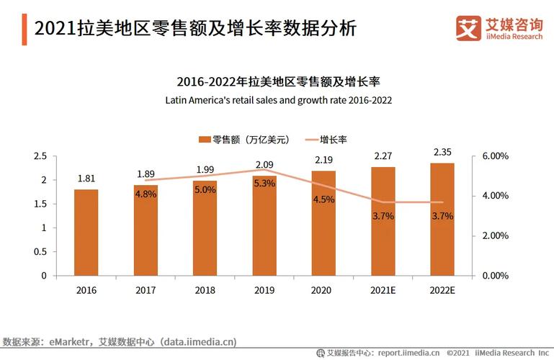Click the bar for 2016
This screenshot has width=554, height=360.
coord(86,232)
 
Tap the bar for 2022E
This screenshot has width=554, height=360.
coord(442,219)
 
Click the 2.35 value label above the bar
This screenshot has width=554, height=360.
coord(442,151)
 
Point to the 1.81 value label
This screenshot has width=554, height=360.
coord(86,179)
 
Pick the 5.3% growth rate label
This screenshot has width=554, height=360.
coord(264,184)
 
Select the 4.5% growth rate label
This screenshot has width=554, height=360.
coord(323,199)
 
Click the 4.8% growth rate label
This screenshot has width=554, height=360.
coord(146,194)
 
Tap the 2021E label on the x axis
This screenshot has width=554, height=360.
coord(383,290)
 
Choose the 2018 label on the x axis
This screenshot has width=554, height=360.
coord(205,290)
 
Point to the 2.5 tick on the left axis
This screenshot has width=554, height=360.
coord(41,156)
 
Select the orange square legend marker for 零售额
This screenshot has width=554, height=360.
coord(205,139)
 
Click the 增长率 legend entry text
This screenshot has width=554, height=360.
coord(334,139)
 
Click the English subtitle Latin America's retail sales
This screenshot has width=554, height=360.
coord(278,100)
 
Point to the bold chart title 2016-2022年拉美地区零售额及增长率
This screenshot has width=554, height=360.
coord(278,82)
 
